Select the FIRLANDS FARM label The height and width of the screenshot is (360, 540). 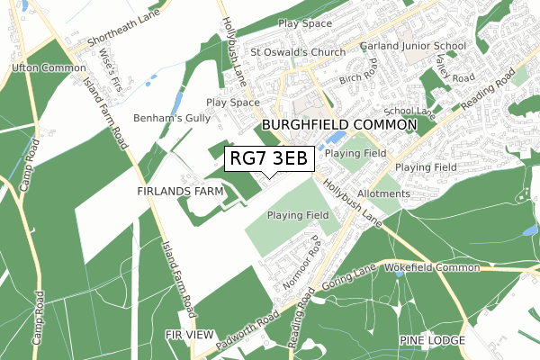click(180, 192)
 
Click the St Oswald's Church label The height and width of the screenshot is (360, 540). click(297, 51)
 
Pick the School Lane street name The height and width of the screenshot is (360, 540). click(416, 110)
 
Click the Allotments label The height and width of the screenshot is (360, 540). click(382, 194)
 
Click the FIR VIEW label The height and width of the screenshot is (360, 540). click(190, 335)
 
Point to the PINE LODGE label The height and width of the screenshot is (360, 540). click(432, 340)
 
